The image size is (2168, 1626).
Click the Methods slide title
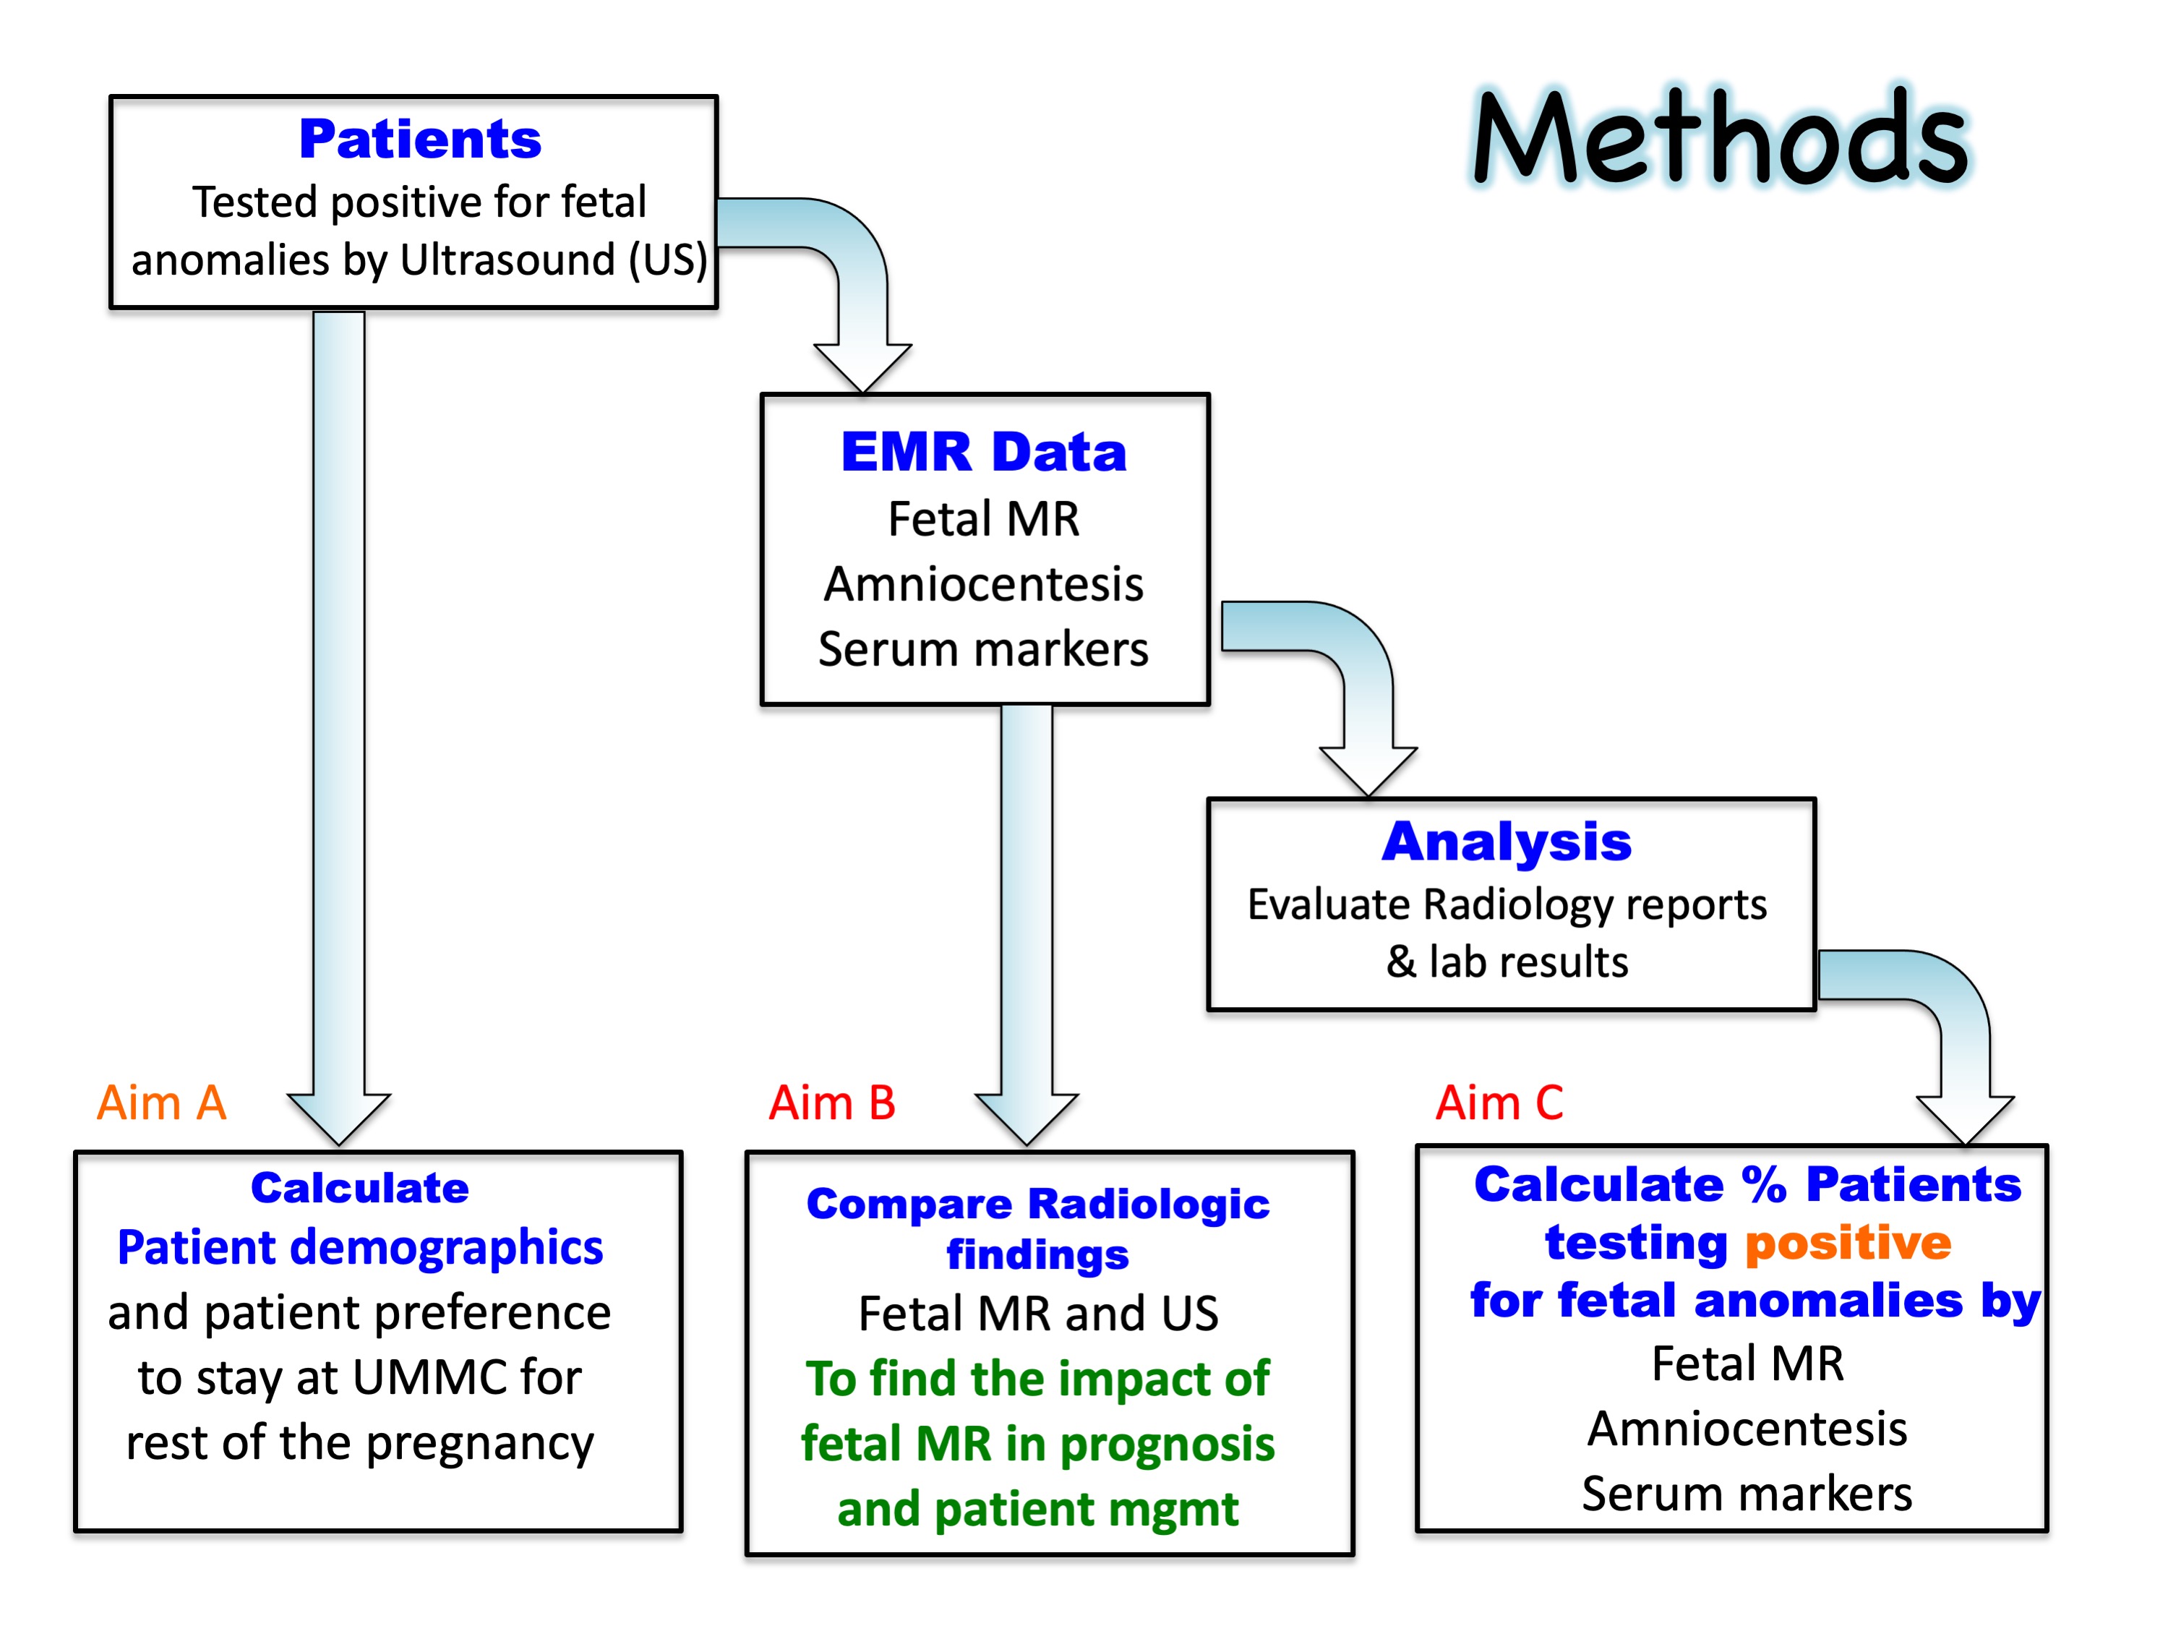[x=1720, y=137]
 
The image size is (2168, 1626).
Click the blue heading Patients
[x=419, y=140]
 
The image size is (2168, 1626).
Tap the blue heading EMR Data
[x=983, y=452]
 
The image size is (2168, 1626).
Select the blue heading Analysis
[x=1507, y=842]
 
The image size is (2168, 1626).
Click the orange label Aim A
[x=162, y=1103]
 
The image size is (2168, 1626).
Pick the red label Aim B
[x=832, y=1103]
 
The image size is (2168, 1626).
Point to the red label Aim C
[x=1499, y=1103]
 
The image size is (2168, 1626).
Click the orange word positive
[x=1848, y=1243]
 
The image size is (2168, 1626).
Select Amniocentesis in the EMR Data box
[x=983, y=584]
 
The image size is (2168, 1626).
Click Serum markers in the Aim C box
[x=1747, y=1494]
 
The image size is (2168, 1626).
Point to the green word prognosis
[x=1167, y=1444]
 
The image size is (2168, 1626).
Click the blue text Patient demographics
[x=360, y=1248]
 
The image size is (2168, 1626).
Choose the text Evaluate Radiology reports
[x=1507, y=904]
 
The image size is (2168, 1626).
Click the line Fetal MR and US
[x=1038, y=1314]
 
